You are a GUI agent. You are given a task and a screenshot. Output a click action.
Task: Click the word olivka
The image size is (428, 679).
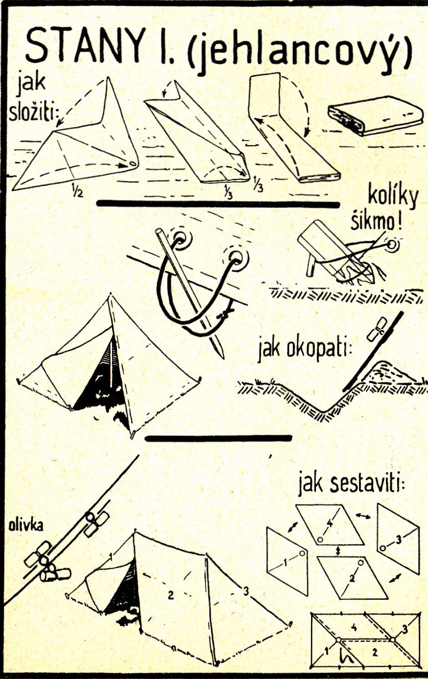coord(26,526)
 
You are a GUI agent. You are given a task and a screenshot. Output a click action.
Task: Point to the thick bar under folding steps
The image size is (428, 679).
coord(219,204)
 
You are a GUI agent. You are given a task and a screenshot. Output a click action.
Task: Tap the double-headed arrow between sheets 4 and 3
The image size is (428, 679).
coord(363,516)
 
